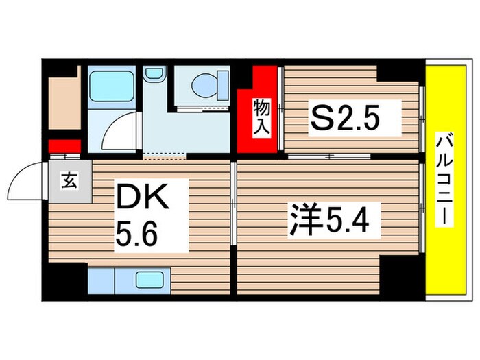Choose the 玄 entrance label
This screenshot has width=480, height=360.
69,181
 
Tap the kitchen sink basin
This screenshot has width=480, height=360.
149,280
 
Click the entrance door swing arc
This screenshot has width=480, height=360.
24,180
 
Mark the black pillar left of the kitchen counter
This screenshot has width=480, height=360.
67,280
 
